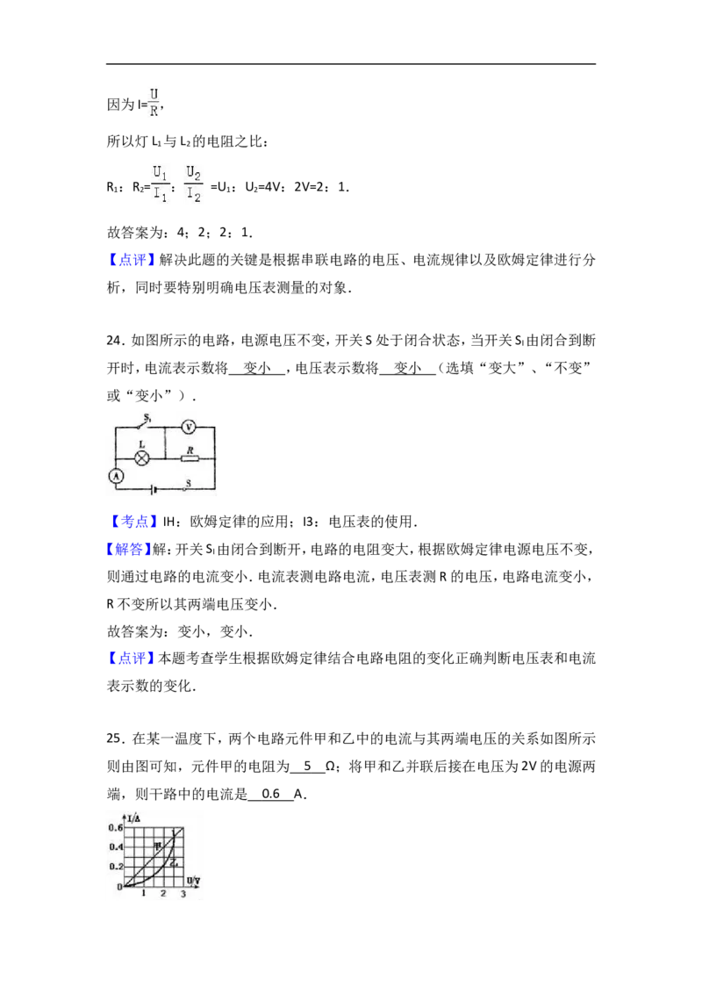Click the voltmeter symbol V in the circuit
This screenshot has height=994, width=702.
188,427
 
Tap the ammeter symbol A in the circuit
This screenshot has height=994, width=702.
116,475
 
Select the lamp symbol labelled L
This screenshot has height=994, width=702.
141,458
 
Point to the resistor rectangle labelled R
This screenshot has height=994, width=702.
190,458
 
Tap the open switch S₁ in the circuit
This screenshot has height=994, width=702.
146,423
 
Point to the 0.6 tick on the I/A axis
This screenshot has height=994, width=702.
115,828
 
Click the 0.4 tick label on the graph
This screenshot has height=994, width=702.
115,847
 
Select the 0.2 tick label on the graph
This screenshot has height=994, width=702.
115,866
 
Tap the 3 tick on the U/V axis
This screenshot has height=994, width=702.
183,894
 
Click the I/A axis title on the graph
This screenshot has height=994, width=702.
133,818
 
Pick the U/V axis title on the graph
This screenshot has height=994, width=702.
193,881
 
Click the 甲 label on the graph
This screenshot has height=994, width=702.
158,845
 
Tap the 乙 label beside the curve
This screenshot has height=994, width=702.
174,863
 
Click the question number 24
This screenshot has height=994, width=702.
115,341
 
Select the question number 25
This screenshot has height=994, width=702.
115,738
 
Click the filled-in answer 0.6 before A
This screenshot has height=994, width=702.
270,794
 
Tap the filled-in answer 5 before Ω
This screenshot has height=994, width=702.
308,766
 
